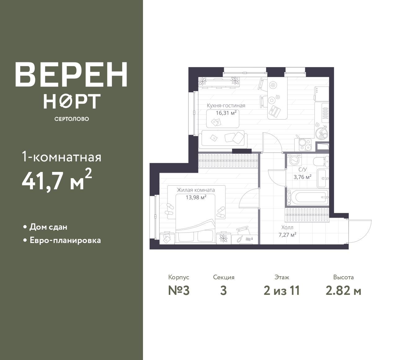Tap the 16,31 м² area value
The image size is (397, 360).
226,113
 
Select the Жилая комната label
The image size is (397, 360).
196,190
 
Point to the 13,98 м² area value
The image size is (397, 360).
196,197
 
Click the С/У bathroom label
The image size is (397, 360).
302,169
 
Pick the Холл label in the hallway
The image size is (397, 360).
288,227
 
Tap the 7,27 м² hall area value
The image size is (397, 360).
288,235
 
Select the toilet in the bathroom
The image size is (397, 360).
321,161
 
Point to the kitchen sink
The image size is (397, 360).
321,133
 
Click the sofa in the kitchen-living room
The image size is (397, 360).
223,139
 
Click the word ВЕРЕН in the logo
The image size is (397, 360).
71,75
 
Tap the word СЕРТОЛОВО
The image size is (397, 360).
72,119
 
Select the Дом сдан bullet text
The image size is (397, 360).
48,227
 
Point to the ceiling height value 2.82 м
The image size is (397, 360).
343,291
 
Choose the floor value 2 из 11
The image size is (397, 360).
282,291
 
